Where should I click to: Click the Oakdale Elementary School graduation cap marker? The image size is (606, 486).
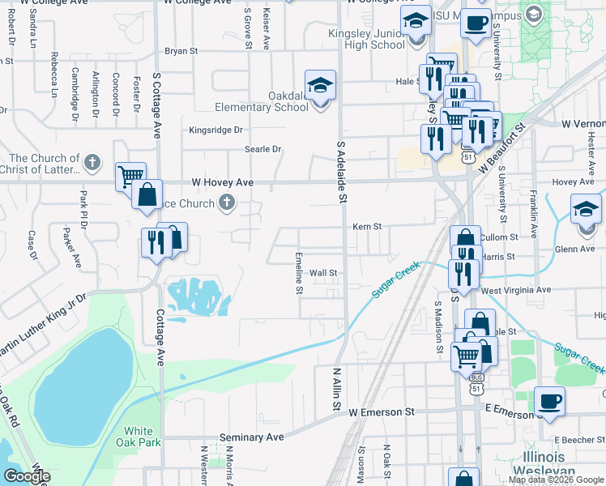tap(320, 85)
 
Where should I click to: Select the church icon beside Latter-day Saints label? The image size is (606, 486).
tap(92, 162)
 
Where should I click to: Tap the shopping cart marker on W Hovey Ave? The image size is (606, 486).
tap(130, 174)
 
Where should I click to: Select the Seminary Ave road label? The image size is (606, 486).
tap(252, 437)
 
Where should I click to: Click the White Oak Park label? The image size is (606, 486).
tap(143, 437)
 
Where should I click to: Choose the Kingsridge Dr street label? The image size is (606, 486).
tap(216, 130)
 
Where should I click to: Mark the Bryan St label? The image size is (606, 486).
tap(181, 50)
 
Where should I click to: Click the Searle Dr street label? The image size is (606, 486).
tap(262, 149)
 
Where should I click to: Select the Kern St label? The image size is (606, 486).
tap(367, 228)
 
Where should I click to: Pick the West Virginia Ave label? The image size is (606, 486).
tap(516, 289)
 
